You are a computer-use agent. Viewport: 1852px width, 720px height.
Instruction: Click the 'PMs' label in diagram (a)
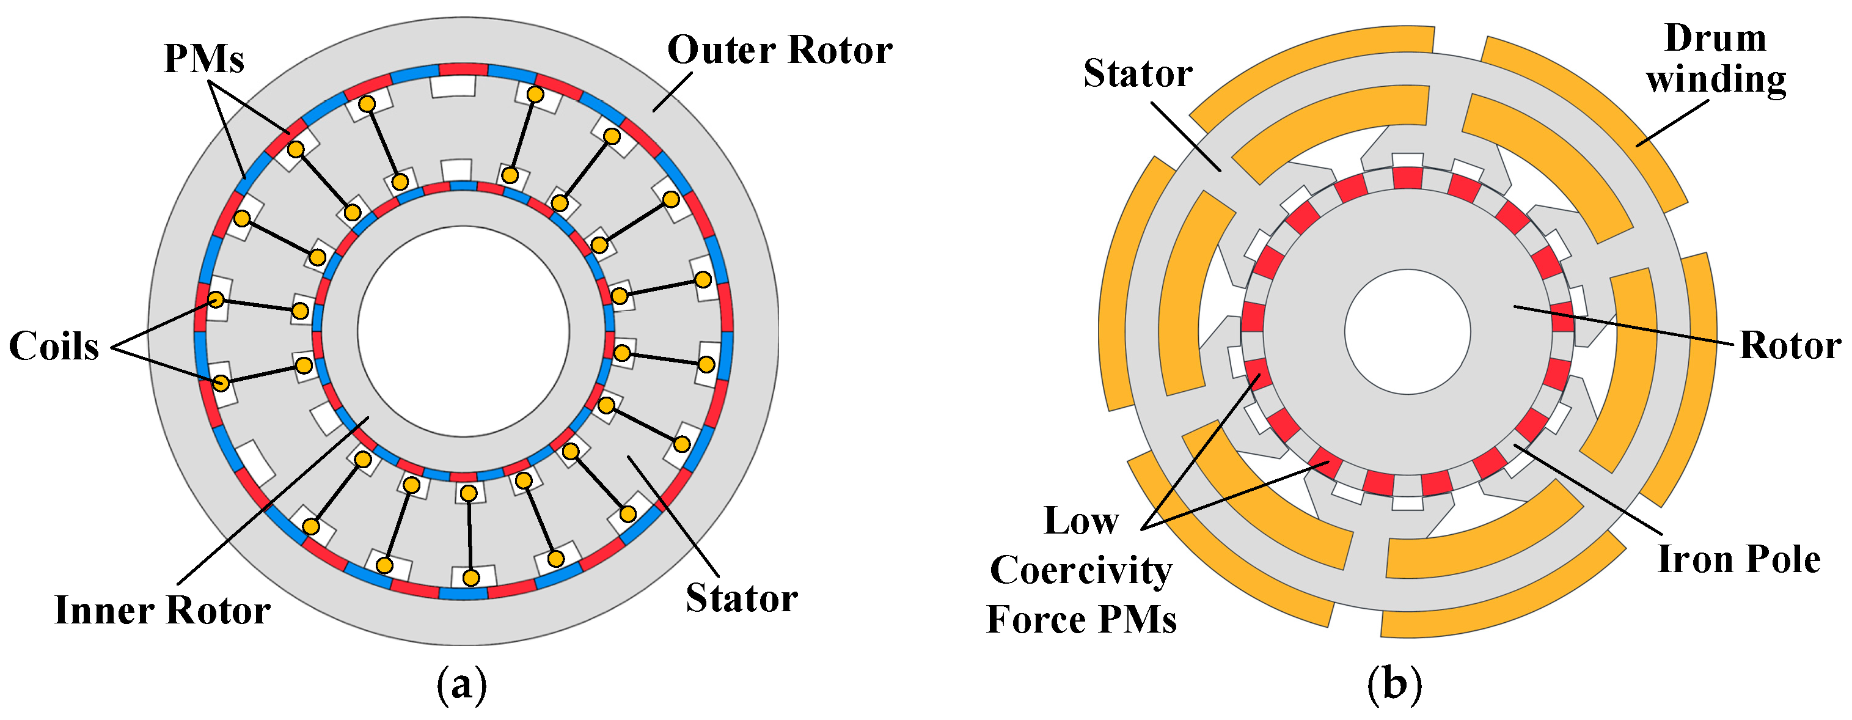(x=204, y=59)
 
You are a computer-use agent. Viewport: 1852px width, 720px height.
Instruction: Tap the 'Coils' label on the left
(x=54, y=346)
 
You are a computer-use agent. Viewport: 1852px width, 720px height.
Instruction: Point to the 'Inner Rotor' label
(x=163, y=611)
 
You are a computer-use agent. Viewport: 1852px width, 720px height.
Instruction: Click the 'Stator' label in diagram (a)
(x=741, y=598)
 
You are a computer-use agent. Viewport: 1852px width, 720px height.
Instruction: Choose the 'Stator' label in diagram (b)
(x=1137, y=73)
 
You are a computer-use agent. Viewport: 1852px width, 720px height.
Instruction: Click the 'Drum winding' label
(x=1715, y=59)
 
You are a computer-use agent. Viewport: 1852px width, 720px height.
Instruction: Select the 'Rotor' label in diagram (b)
(x=1790, y=346)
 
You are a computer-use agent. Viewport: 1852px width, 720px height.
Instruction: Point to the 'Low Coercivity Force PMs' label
(x=1082, y=570)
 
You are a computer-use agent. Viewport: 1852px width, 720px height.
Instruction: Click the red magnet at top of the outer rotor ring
(x=463, y=70)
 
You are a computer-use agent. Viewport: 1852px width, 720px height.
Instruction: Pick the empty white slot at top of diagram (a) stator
(x=453, y=86)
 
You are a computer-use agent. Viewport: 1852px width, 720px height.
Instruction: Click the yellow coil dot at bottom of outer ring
(x=471, y=578)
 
